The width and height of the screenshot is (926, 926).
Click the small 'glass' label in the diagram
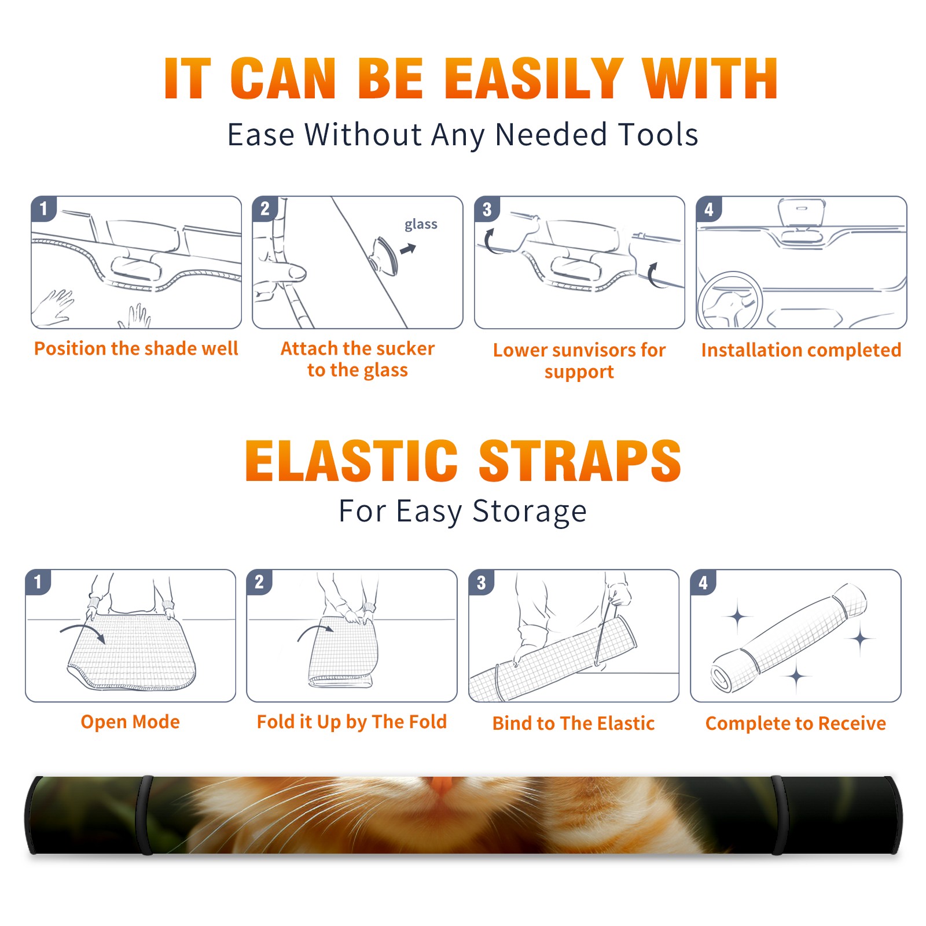tap(421, 225)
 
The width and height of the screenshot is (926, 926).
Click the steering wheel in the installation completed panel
tap(729, 300)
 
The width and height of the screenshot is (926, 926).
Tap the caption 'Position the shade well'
tap(136, 348)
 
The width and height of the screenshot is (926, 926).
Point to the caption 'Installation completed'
tap(801, 350)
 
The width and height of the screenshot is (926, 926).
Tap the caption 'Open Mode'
tap(130, 722)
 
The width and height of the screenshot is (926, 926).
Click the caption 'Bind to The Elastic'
tap(573, 723)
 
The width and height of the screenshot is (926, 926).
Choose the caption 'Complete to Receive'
tap(796, 723)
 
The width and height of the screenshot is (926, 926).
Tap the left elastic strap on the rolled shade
tap(144, 815)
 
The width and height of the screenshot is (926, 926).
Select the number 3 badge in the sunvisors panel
tap(487, 209)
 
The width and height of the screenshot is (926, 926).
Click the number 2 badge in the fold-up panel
tap(259, 582)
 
